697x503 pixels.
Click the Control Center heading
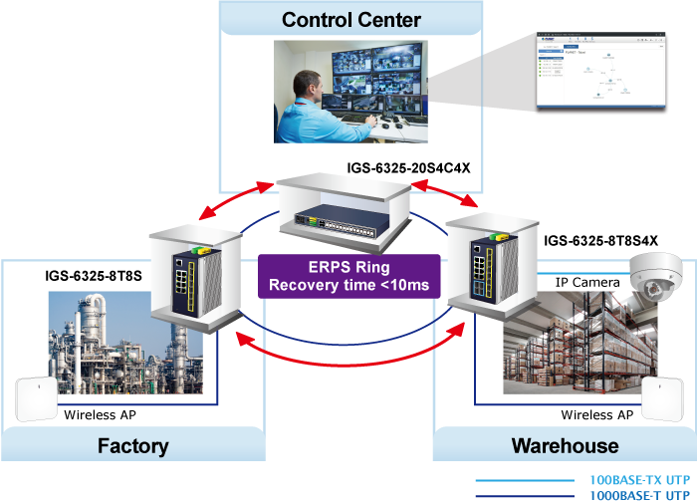351,20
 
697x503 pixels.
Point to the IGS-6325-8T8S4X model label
600,241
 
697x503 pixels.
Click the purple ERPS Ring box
348,276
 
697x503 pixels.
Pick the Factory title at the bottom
132,445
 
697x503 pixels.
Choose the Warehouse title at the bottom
565,445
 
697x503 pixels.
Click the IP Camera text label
588,282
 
